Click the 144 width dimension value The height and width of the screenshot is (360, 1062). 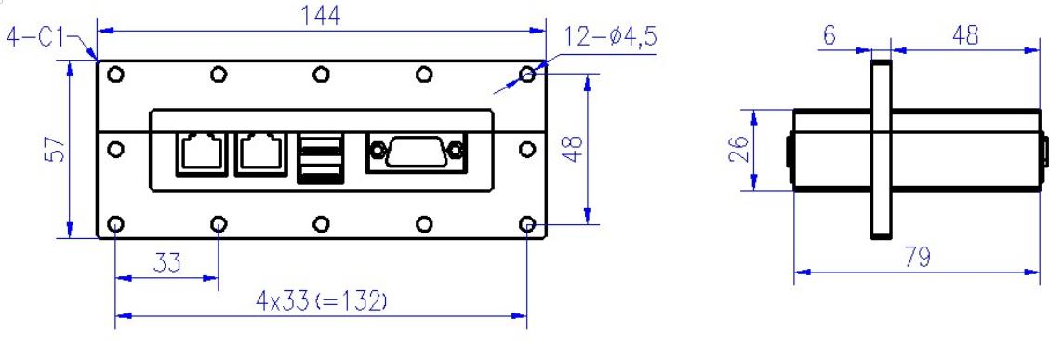320,16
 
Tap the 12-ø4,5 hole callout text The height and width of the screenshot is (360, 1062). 611,37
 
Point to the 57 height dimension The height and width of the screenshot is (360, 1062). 56,149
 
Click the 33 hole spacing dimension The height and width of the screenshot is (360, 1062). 166,262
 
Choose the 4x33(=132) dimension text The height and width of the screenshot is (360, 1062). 321,300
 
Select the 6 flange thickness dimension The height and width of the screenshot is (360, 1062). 830,35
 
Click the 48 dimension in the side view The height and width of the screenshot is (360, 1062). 964,35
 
